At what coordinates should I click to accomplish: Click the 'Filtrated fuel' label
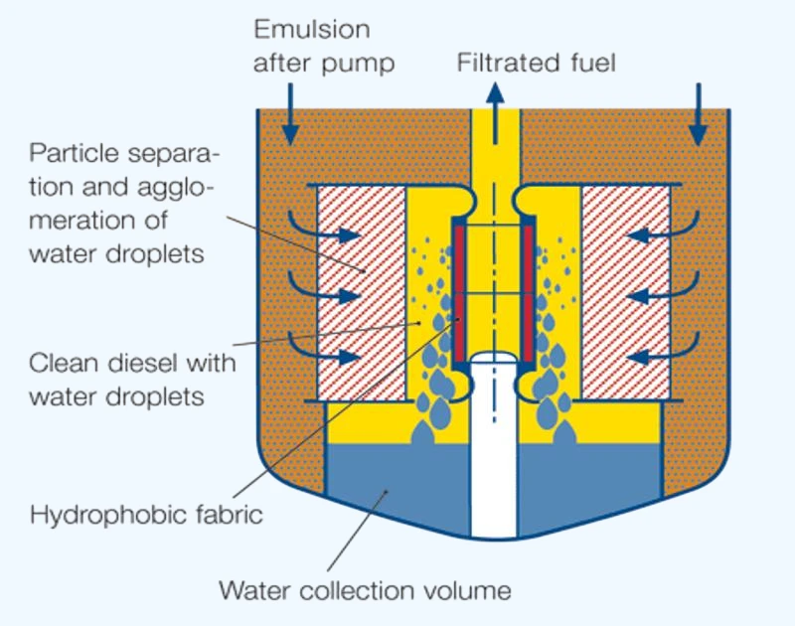coord(537,63)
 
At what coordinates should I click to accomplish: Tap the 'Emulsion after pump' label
coord(324,46)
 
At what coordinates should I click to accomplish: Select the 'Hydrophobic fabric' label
coord(146,515)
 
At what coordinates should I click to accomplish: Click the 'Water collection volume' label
coord(365,590)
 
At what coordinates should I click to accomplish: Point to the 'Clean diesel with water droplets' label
coord(132,380)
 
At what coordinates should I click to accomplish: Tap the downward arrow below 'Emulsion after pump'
coord(290,114)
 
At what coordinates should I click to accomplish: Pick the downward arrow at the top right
coord(699,114)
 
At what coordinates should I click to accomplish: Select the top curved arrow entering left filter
coord(325,232)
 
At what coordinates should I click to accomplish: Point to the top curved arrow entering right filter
coord(663,232)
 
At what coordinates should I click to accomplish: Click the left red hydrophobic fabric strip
coord(459,293)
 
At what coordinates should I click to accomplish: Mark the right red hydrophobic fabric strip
coord(528,293)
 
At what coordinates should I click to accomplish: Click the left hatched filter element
coord(362,292)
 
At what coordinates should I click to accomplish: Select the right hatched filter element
coord(626,292)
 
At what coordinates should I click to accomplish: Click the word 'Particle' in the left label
coord(74,153)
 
